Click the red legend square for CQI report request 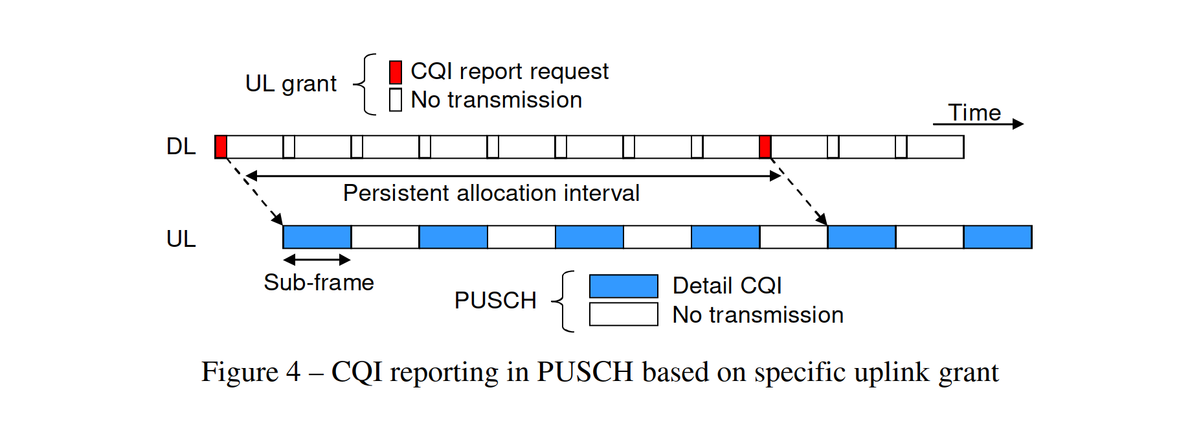click(x=396, y=72)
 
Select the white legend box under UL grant click(x=396, y=100)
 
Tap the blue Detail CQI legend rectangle click(x=623, y=286)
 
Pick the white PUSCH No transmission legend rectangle click(x=623, y=314)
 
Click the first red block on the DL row click(x=221, y=146)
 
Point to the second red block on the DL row click(x=765, y=146)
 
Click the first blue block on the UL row click(x=317, y=237)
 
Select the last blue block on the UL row click(x=998, y=237)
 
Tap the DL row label click(x=181, y=146)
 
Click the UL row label click(x=181, y=239)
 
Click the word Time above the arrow click(x=974, y=113)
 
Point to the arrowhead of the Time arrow click(x=1023, y=124)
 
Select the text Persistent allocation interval click(x=491, y=193)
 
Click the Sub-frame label click(x=319, y=283)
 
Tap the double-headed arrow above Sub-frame click(x=317, y=260)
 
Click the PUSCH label click(x=495, y=301)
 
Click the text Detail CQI click(x=727, y=286)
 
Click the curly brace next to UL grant click(x=365, y=84)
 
